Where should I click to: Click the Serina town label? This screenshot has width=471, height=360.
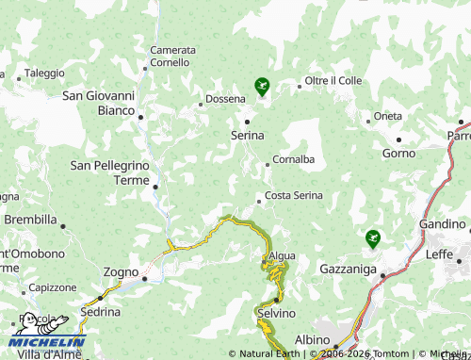click(x=248, y=136)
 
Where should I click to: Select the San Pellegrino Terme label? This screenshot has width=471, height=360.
click(x=112, y=172)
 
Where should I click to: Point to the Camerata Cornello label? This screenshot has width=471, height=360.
click(x=172, y=57)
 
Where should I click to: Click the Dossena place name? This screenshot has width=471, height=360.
click(x=225, y=98)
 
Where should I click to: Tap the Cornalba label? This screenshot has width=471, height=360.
click(x=293, y=159)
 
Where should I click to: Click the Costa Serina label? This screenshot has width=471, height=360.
click(x=294, y=195)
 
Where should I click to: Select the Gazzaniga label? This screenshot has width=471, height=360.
click(x=349, y=270)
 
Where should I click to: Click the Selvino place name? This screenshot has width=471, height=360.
click(x=276, y=313)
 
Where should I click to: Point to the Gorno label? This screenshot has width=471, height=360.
click(x=398, y=153)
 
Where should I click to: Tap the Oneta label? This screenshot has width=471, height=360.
click(x=387, y=116)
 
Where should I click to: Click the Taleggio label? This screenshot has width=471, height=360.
click(x=44, y=73)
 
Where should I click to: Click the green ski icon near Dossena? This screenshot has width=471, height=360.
click(x=262, y=88)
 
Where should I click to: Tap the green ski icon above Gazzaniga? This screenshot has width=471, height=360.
click(x=374, y=238)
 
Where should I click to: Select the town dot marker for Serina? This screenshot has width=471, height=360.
click(x=248, y=122)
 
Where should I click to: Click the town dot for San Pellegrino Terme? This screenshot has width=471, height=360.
click(x=155, y=187)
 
